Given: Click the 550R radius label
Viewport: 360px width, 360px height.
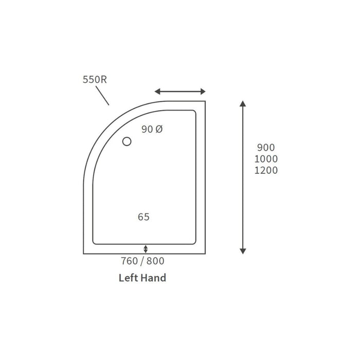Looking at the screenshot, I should point(94,80).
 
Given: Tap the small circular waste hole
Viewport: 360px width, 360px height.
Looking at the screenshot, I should point(127,141).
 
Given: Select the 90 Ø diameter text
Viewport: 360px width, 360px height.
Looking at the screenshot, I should point(152,130).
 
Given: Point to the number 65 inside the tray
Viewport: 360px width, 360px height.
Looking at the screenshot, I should point(143,217).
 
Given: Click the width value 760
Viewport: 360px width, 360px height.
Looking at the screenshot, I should point(129,261).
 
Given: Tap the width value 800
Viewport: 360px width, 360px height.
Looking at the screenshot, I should point(156,261).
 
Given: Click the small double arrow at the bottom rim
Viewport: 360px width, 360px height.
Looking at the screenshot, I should point(146,249).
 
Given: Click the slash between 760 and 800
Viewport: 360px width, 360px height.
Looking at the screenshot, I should point(142,261).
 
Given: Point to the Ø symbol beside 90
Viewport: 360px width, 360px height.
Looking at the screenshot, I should point(159,130).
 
